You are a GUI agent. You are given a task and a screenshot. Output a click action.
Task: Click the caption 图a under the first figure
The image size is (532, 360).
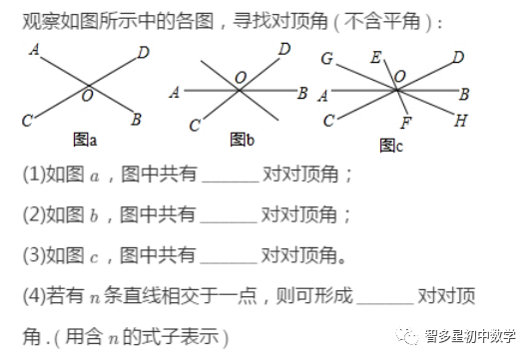85,136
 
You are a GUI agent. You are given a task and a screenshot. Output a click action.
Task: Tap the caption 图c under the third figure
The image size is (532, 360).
390,145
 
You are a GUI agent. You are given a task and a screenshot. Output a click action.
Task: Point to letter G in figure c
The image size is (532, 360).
327,59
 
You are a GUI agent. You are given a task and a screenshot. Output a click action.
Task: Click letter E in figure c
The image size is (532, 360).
375,59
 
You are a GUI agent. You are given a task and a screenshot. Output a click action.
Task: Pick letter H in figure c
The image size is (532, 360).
460,121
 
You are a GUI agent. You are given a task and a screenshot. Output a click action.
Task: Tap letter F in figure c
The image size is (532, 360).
405,124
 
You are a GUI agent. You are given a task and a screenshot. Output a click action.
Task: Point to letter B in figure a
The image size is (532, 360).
137,121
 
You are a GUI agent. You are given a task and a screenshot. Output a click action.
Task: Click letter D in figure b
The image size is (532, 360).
284,48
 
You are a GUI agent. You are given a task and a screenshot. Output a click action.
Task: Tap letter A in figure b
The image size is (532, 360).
175,93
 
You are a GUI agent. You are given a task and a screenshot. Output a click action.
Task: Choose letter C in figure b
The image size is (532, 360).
195,127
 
